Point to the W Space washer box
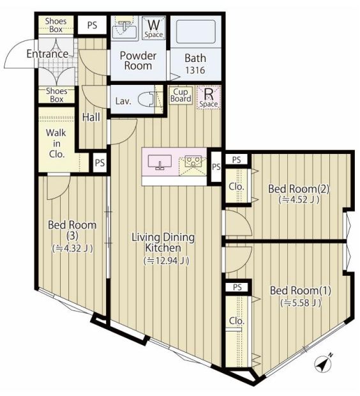click(153, 27)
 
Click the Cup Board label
click(181, 95)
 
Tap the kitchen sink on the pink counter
click(160, 163)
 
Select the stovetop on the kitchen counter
click(192, 164)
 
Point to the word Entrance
click(47, 54)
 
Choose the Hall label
click(91, 118)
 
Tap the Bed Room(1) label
click(301, 291)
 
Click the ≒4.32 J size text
click(72, 248)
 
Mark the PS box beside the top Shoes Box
click(92, 25)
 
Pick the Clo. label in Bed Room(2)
click(235, 187)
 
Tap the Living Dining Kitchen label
click(163, 242)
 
